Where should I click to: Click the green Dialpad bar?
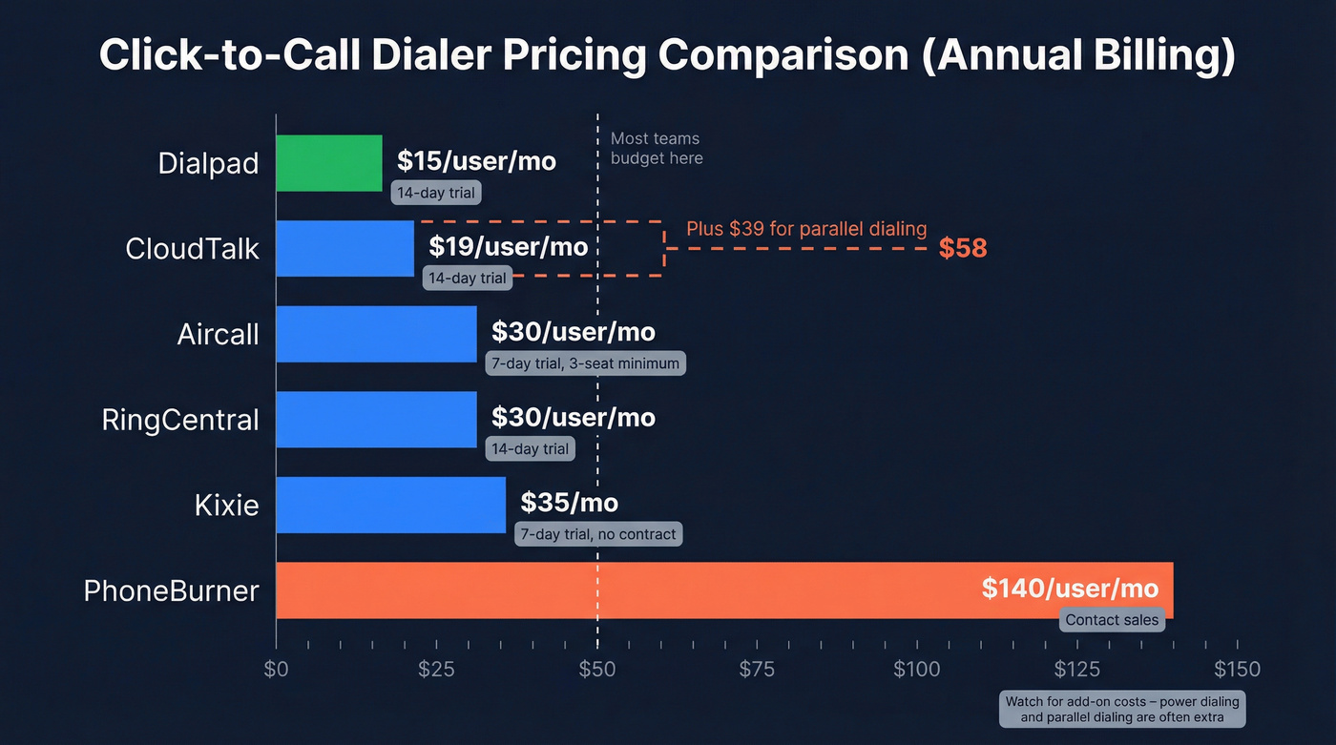[x=329, y=163]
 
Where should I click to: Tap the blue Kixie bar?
[x=391, y=505]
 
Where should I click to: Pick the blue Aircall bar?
[x=376, y=334]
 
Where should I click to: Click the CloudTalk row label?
[x=192, y=249]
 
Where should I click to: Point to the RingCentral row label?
[x=180, y=420]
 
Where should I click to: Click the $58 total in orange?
[x=962, y=249]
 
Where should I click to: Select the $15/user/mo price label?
[x=476, y=160]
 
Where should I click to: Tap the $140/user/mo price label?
[x=1070, y=589]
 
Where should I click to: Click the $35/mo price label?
[x=569, y=503]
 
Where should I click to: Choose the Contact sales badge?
[x=1112, y=620]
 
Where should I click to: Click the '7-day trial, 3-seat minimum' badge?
[x=585, y=363]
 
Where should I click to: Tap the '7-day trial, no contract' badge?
[x=598, y=534]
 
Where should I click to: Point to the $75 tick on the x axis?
[x=757, y=669]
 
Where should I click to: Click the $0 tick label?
[x=276, y=669]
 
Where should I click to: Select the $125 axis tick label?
[x=1076, y=669]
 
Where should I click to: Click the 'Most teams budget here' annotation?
[x=657, y=149]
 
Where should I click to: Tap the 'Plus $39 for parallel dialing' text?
[x=806, y=229]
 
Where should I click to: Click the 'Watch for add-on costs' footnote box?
[x=1122, y=709]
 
